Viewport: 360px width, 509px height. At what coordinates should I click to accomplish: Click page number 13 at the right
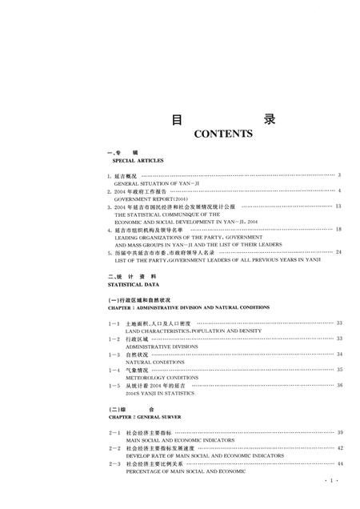[x=339, y=206]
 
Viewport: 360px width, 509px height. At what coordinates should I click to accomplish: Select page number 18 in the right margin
[x=339, y=230]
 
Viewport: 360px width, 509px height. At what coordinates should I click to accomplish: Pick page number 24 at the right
[x=339, y=253]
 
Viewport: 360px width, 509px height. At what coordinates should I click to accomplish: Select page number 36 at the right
[x=339, y=386]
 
